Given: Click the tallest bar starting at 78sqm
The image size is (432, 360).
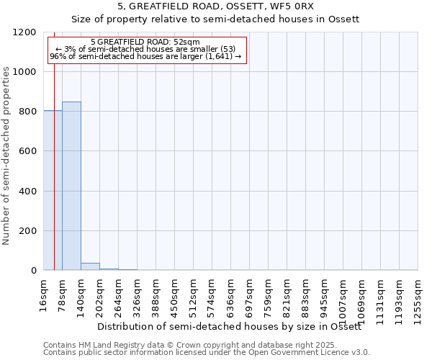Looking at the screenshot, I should click(x=71, y=186).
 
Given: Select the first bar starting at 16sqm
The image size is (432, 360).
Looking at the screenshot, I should click(x=53, y=190).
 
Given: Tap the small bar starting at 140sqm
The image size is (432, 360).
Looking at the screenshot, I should click(x=90, y=266).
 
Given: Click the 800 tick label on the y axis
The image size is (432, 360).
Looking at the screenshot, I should click(x=28, y=112).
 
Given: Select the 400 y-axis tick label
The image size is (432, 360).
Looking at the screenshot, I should click(x=28, y=192).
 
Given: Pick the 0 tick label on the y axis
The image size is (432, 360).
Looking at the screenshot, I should click(x=33, y=271).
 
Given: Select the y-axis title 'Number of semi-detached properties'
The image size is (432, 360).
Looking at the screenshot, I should click(x=6, y=151).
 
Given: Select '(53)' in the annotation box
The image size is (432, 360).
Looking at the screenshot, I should click(x=224, y=49).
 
